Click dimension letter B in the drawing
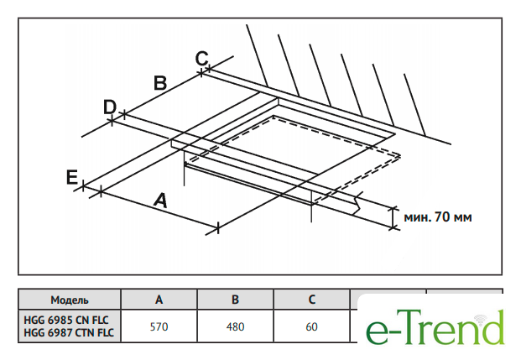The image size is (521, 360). pos(160,82)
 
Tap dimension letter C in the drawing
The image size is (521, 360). pos(201,58)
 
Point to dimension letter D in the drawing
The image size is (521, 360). pos(109,107)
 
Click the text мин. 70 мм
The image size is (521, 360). pos(438,217)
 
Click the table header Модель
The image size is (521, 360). pos(70,300)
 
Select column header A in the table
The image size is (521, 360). pos(159,300)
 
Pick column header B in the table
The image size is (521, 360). pos(236,300)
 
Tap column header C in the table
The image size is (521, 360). pos(311,300)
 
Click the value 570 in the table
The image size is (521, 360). pos(159,326)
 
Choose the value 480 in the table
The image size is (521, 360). pos(236,326)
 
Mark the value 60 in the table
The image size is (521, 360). pos(311,326)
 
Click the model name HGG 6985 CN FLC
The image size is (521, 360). pos(70,320)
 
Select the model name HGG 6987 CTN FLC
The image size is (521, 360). pos(70,333)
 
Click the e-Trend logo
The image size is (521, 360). pos(435,327)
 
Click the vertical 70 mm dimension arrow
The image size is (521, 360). pos(393,217)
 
